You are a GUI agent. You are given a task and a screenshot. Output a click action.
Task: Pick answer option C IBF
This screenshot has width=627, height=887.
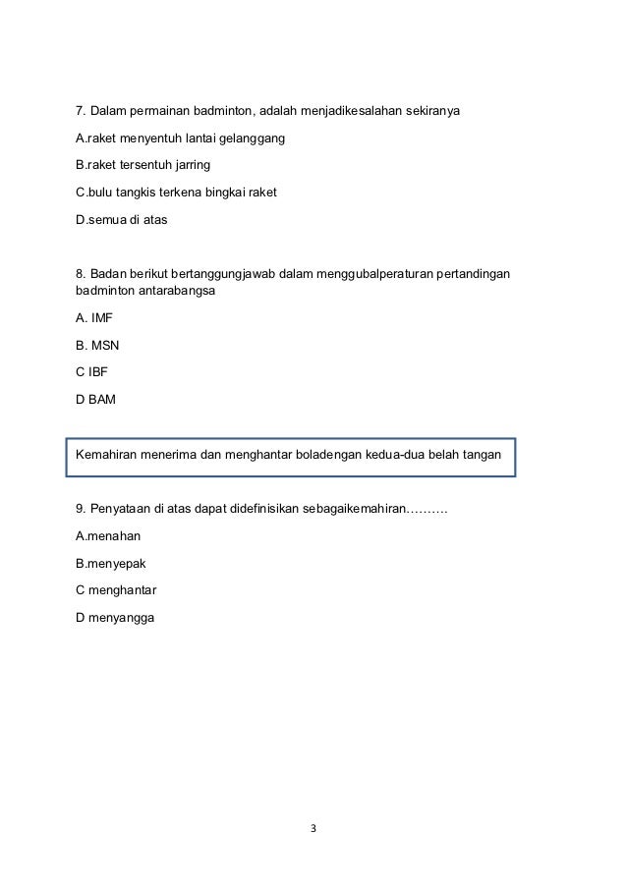93,372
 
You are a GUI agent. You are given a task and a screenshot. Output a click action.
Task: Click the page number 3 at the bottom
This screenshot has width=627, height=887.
313,828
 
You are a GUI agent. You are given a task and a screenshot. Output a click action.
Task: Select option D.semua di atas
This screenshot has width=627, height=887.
121,219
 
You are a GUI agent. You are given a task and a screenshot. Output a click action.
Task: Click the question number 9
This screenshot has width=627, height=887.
81,509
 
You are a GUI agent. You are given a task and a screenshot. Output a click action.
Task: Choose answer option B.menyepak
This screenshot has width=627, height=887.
110,564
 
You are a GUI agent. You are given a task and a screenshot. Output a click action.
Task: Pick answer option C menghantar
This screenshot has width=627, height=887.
116,590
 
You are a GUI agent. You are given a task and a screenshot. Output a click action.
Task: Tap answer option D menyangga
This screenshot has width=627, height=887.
115,618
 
